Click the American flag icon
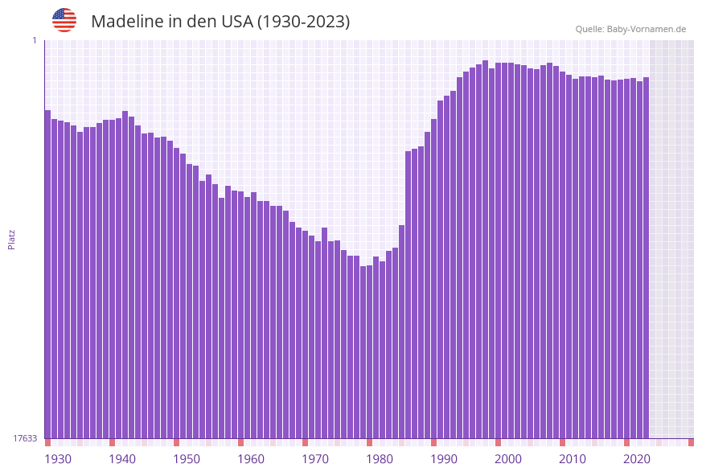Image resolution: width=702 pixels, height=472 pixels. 64,20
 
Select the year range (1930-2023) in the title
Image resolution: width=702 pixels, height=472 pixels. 303,22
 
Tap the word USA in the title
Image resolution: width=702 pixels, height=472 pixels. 236,22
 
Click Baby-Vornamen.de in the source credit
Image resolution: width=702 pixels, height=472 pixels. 647,29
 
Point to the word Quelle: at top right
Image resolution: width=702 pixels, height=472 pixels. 589,29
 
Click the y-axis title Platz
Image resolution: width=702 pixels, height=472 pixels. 12,239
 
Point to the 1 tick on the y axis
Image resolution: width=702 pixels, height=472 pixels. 34,40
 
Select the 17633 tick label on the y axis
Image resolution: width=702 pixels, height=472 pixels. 24,438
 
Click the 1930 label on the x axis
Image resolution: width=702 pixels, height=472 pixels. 57,459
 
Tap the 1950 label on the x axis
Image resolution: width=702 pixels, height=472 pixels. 187,459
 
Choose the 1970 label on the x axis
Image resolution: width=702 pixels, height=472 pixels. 315,459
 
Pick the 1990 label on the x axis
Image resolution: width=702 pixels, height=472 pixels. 444,459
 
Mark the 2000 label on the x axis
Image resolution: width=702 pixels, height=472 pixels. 508,459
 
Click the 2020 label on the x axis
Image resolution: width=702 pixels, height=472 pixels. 637,459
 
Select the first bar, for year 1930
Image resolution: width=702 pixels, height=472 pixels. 47,273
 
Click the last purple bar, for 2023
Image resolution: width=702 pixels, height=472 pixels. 646,257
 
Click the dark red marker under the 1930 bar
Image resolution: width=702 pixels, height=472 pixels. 47,442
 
